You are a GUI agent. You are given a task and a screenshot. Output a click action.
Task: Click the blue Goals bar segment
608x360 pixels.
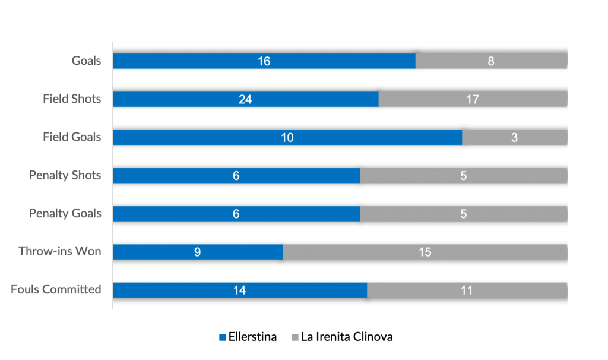(264, 61)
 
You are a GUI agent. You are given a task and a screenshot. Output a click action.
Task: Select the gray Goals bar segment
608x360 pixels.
(491, 61)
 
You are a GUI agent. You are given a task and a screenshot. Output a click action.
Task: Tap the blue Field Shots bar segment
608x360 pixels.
(245, 99)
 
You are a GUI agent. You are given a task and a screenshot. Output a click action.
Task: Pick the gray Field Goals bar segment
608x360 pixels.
(514, 137)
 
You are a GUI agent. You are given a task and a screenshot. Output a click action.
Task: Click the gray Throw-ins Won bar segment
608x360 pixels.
(425, 252)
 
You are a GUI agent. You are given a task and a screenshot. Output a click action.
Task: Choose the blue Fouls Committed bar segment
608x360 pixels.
(240, 290)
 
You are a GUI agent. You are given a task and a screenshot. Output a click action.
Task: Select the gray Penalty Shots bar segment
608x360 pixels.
(463, 176)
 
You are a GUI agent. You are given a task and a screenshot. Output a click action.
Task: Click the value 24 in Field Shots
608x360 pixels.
(245, 99)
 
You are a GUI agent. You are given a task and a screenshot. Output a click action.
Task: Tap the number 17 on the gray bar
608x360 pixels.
(473, 99)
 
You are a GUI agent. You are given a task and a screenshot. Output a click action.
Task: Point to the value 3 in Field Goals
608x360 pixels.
(514, 137)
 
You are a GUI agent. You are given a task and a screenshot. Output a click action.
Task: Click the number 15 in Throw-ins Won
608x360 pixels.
(425, 252)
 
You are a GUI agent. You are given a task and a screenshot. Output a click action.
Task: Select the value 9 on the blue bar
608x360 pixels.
(197, 252)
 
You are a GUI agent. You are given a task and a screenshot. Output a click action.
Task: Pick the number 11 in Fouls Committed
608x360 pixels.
(467, 290)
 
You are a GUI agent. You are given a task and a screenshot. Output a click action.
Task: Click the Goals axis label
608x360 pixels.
(87, 61)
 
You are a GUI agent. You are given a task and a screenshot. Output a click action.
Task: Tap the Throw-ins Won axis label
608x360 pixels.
(60, 251)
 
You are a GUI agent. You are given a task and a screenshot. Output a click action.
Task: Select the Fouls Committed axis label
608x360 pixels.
(56, 290)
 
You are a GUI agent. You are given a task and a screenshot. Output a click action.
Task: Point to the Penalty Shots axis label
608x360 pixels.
(65, 176)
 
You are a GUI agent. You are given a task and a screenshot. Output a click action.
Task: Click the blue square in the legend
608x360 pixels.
(223, 337)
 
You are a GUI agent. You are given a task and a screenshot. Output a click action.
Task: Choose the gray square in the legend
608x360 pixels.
(296, 337)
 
